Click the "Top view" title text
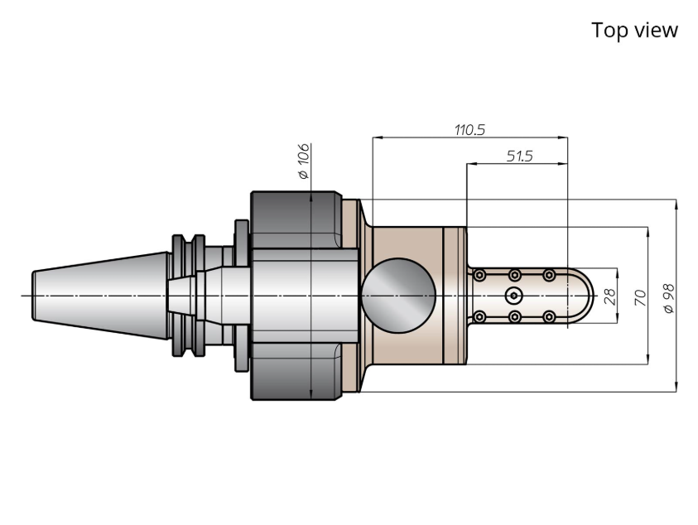(x=634, y=31)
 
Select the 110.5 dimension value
(x=469, y=129)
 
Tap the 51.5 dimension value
(x=519, y=156)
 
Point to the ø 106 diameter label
(x=304, y=161)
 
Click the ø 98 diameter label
(x=669, y=298)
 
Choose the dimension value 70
(x=640, y=297)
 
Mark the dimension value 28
(x=610, y=296)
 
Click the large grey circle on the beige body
(x=398, y=296)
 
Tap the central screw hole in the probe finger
(x=514, y=296)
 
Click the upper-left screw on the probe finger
(x=479, y=275)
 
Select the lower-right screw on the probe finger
(x=550, y=316)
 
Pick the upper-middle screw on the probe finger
(x=514, y=275)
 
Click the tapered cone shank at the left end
(x=100, y=296)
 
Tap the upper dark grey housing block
(x=296, y=219)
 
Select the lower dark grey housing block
(x=296, y=371)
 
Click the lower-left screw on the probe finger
(x=479, y=316)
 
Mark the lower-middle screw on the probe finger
(x=514, y=316)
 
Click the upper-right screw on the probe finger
(x=550, y=275)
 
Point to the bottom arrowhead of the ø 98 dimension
(x=676, y=388)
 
